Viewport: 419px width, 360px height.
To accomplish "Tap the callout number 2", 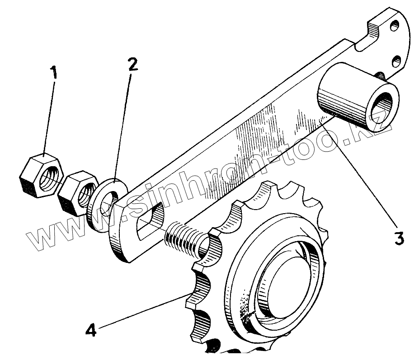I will pos(132,65).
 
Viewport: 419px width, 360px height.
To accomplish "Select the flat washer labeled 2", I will pos(105,204).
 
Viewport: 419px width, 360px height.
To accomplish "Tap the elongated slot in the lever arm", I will pos(149,217).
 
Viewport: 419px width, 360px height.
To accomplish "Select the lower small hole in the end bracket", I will pos(398,60).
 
